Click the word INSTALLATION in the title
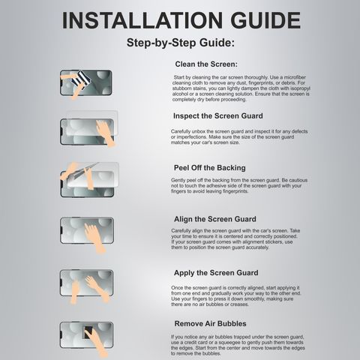[x=142, y=20]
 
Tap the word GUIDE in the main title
[x=265, y=20]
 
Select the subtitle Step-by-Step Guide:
[x=181, y=43]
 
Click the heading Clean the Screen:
[x=206, y=64]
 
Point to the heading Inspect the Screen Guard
[x=218, y=116]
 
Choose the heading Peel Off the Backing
[x=210, y=168]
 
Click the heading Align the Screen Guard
[x=215, y=219]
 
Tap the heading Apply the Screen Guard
[x=216, y=273]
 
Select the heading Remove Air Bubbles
[x=210, y=324]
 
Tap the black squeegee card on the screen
[x=88, y=332]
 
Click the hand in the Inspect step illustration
[x=106, y=133]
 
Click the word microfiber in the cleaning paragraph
[x=295, y=77]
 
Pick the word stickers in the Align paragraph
[x=274, y=242]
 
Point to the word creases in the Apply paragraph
[x=239, y=304]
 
